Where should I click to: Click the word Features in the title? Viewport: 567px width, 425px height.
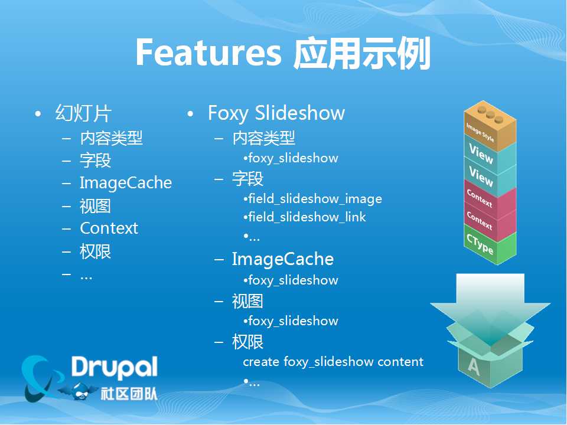pos(208,53)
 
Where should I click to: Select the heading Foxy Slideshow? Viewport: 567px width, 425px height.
pos(276,113)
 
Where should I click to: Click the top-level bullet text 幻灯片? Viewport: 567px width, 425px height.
pos(83,113)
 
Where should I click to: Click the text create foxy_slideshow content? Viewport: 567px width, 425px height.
pos(333,362)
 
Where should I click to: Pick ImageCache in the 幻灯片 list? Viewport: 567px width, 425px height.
pos(126,183)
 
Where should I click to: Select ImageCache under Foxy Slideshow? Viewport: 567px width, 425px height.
pos(283,259)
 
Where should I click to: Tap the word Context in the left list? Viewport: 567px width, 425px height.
pos(109,228)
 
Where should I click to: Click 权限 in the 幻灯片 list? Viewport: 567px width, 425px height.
pos(95,251)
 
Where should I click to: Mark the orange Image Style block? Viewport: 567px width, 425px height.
pos(490,126)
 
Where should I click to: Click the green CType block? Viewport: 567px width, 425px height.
pos(490,246)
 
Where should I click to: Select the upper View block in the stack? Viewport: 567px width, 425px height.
pos(490,156)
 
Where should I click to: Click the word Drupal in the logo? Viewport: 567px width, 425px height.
pos(114,367)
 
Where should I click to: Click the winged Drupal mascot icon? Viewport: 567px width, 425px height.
pos(79,391)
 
